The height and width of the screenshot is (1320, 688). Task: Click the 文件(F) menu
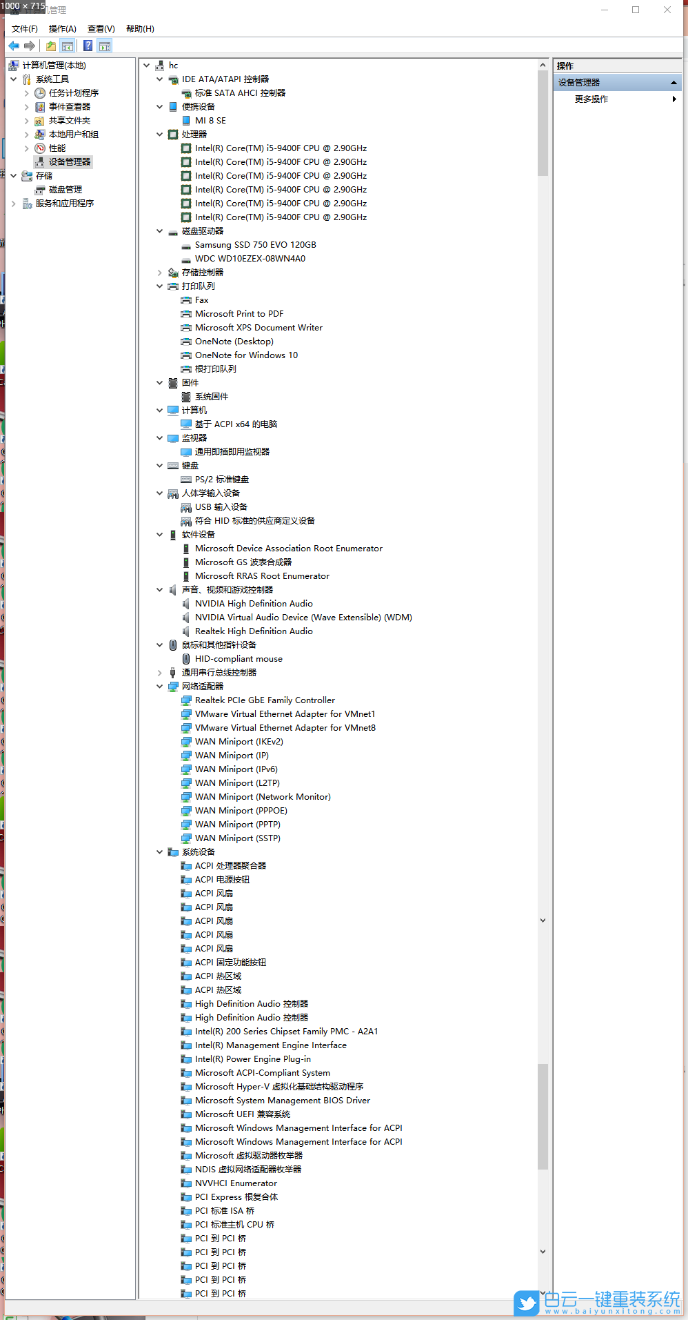[24, 29]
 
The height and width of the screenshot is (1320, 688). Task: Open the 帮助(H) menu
[140, 29]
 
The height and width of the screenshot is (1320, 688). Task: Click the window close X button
[667, 10]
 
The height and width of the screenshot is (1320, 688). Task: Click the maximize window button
[636, 10]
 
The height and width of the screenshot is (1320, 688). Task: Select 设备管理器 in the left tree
[70, 162]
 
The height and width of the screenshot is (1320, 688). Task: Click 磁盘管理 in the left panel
[65, 190]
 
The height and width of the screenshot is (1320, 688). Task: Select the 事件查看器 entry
[70, 107]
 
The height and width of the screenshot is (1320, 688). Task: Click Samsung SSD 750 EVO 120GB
[256, 245]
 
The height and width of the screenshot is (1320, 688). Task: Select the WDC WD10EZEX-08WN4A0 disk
[250, 259]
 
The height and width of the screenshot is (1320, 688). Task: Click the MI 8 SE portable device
[210, 121]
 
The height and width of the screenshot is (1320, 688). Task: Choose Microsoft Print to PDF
[239, 314]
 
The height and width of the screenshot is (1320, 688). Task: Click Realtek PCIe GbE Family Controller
[265, 700]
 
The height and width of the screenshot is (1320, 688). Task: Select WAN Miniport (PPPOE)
[241, 811]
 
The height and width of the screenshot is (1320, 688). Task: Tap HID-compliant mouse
[239, 659]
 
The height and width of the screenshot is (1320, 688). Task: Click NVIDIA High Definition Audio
[254, 604]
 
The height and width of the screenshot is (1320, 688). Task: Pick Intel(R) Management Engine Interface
[271, 1045]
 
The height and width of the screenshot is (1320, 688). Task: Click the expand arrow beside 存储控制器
[160, 273]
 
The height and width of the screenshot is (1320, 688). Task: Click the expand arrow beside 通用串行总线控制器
[160, 673]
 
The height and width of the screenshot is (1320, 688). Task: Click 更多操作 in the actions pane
[591, 99]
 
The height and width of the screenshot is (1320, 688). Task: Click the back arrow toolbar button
[14, 46]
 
